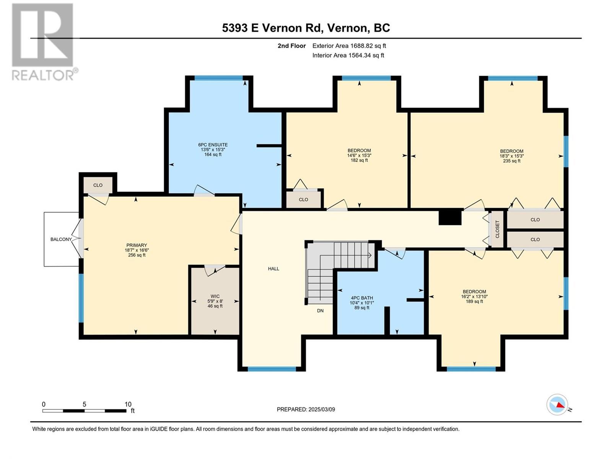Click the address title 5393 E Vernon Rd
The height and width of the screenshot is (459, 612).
(x=306, y=28)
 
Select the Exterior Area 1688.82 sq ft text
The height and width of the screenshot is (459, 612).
(x=349, y=46)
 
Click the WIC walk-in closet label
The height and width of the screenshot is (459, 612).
(x=215, y=301)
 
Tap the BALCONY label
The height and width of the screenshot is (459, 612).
(x=61, y=239)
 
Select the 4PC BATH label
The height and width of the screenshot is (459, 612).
(x=361, y=303)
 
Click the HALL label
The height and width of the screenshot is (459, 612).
(x=273, y=269)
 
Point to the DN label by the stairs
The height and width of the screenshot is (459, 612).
(x=320, y=311)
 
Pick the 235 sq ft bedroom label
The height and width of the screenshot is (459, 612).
(x=511, y=156)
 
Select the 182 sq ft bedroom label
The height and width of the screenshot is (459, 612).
(x=359, y=155)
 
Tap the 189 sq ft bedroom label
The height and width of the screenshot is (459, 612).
(x=474, y=296)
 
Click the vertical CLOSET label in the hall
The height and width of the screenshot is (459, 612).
(x=497, y=229)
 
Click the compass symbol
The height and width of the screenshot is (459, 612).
(x=557, y=405)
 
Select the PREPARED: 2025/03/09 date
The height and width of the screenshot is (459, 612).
(x=306, y=409)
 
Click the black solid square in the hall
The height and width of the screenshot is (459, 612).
(x=450, y=216)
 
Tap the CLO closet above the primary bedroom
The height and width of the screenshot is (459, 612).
(x=98, y=185)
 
